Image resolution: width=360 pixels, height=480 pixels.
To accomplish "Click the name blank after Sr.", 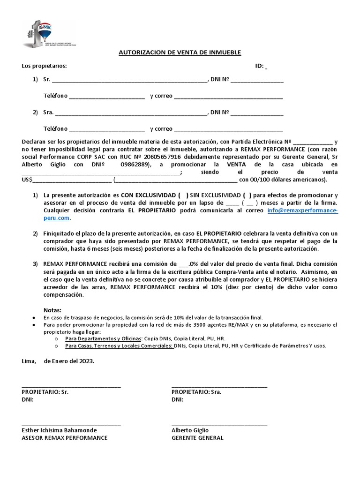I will [x=131, y=81].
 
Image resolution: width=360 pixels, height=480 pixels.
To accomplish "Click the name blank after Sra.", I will [x=131, y=113].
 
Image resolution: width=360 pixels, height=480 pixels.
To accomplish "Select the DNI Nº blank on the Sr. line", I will [x=257, y=81].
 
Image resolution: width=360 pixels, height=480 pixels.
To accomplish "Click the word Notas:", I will [x=52, y=310].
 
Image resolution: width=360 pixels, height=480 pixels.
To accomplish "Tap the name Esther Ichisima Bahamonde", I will [x=60, y=430].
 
